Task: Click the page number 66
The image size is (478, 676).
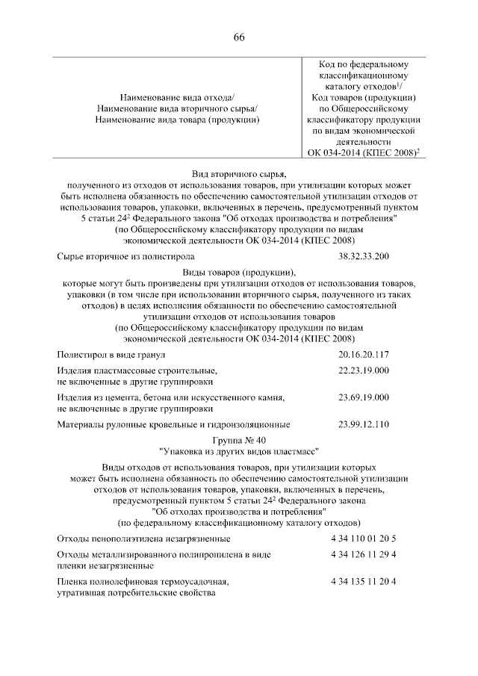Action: point(239,38)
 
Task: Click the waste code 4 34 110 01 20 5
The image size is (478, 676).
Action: point(363,538)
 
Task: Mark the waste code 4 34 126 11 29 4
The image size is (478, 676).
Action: point(363,554)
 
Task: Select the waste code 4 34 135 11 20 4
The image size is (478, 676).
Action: point(363,581)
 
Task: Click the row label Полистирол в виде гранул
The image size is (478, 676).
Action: point(111,355)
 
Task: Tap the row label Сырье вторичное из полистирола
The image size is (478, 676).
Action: point(125,257)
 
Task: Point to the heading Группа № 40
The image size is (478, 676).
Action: point(239,440)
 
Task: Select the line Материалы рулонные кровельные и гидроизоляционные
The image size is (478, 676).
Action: point(173,425)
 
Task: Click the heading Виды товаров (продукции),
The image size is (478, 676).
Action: point(239,271)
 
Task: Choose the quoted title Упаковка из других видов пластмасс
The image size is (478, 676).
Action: point(239,451)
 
